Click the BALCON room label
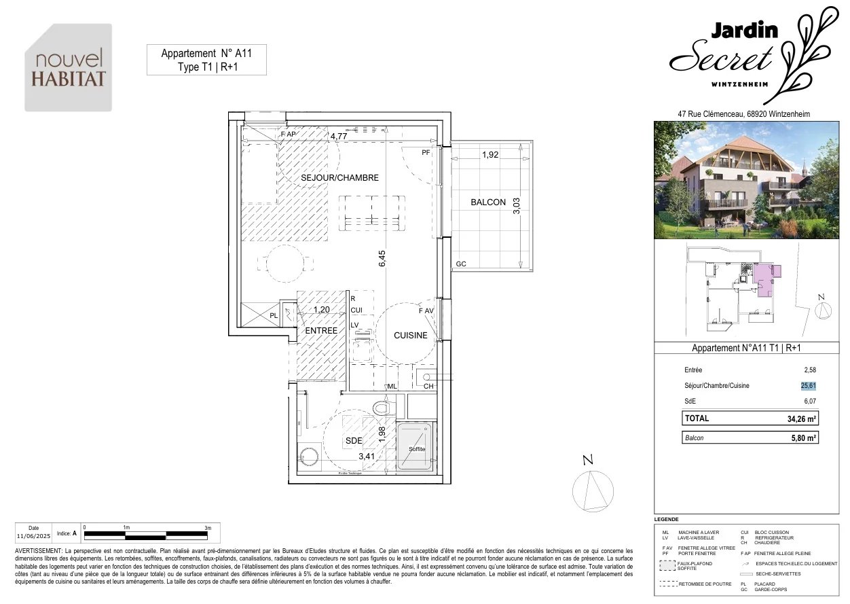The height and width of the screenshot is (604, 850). [x=488, y=202]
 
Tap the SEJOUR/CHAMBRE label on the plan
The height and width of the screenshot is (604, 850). [x=339, y=178]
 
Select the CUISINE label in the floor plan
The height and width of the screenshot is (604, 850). [x=411, y=335]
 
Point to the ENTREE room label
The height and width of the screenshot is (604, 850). [x=321, y=331]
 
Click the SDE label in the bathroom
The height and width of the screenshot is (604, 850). [x=354, y=441]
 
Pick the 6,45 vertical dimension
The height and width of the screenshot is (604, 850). [x=382, y=259]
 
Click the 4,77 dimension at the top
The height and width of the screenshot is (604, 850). [x=339, y=136]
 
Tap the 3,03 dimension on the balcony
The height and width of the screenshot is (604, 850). [x=517, y=205]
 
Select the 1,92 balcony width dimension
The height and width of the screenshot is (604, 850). [x=490, y=155]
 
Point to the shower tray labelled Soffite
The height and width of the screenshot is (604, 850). [x=416, y=447]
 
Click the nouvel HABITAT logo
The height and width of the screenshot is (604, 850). [x=69, y=68]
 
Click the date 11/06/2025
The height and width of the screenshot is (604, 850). [x=34, y=535]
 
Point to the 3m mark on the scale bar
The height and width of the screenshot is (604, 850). [x=208, y=528]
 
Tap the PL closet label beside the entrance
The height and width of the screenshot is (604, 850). [x=274, y=316]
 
